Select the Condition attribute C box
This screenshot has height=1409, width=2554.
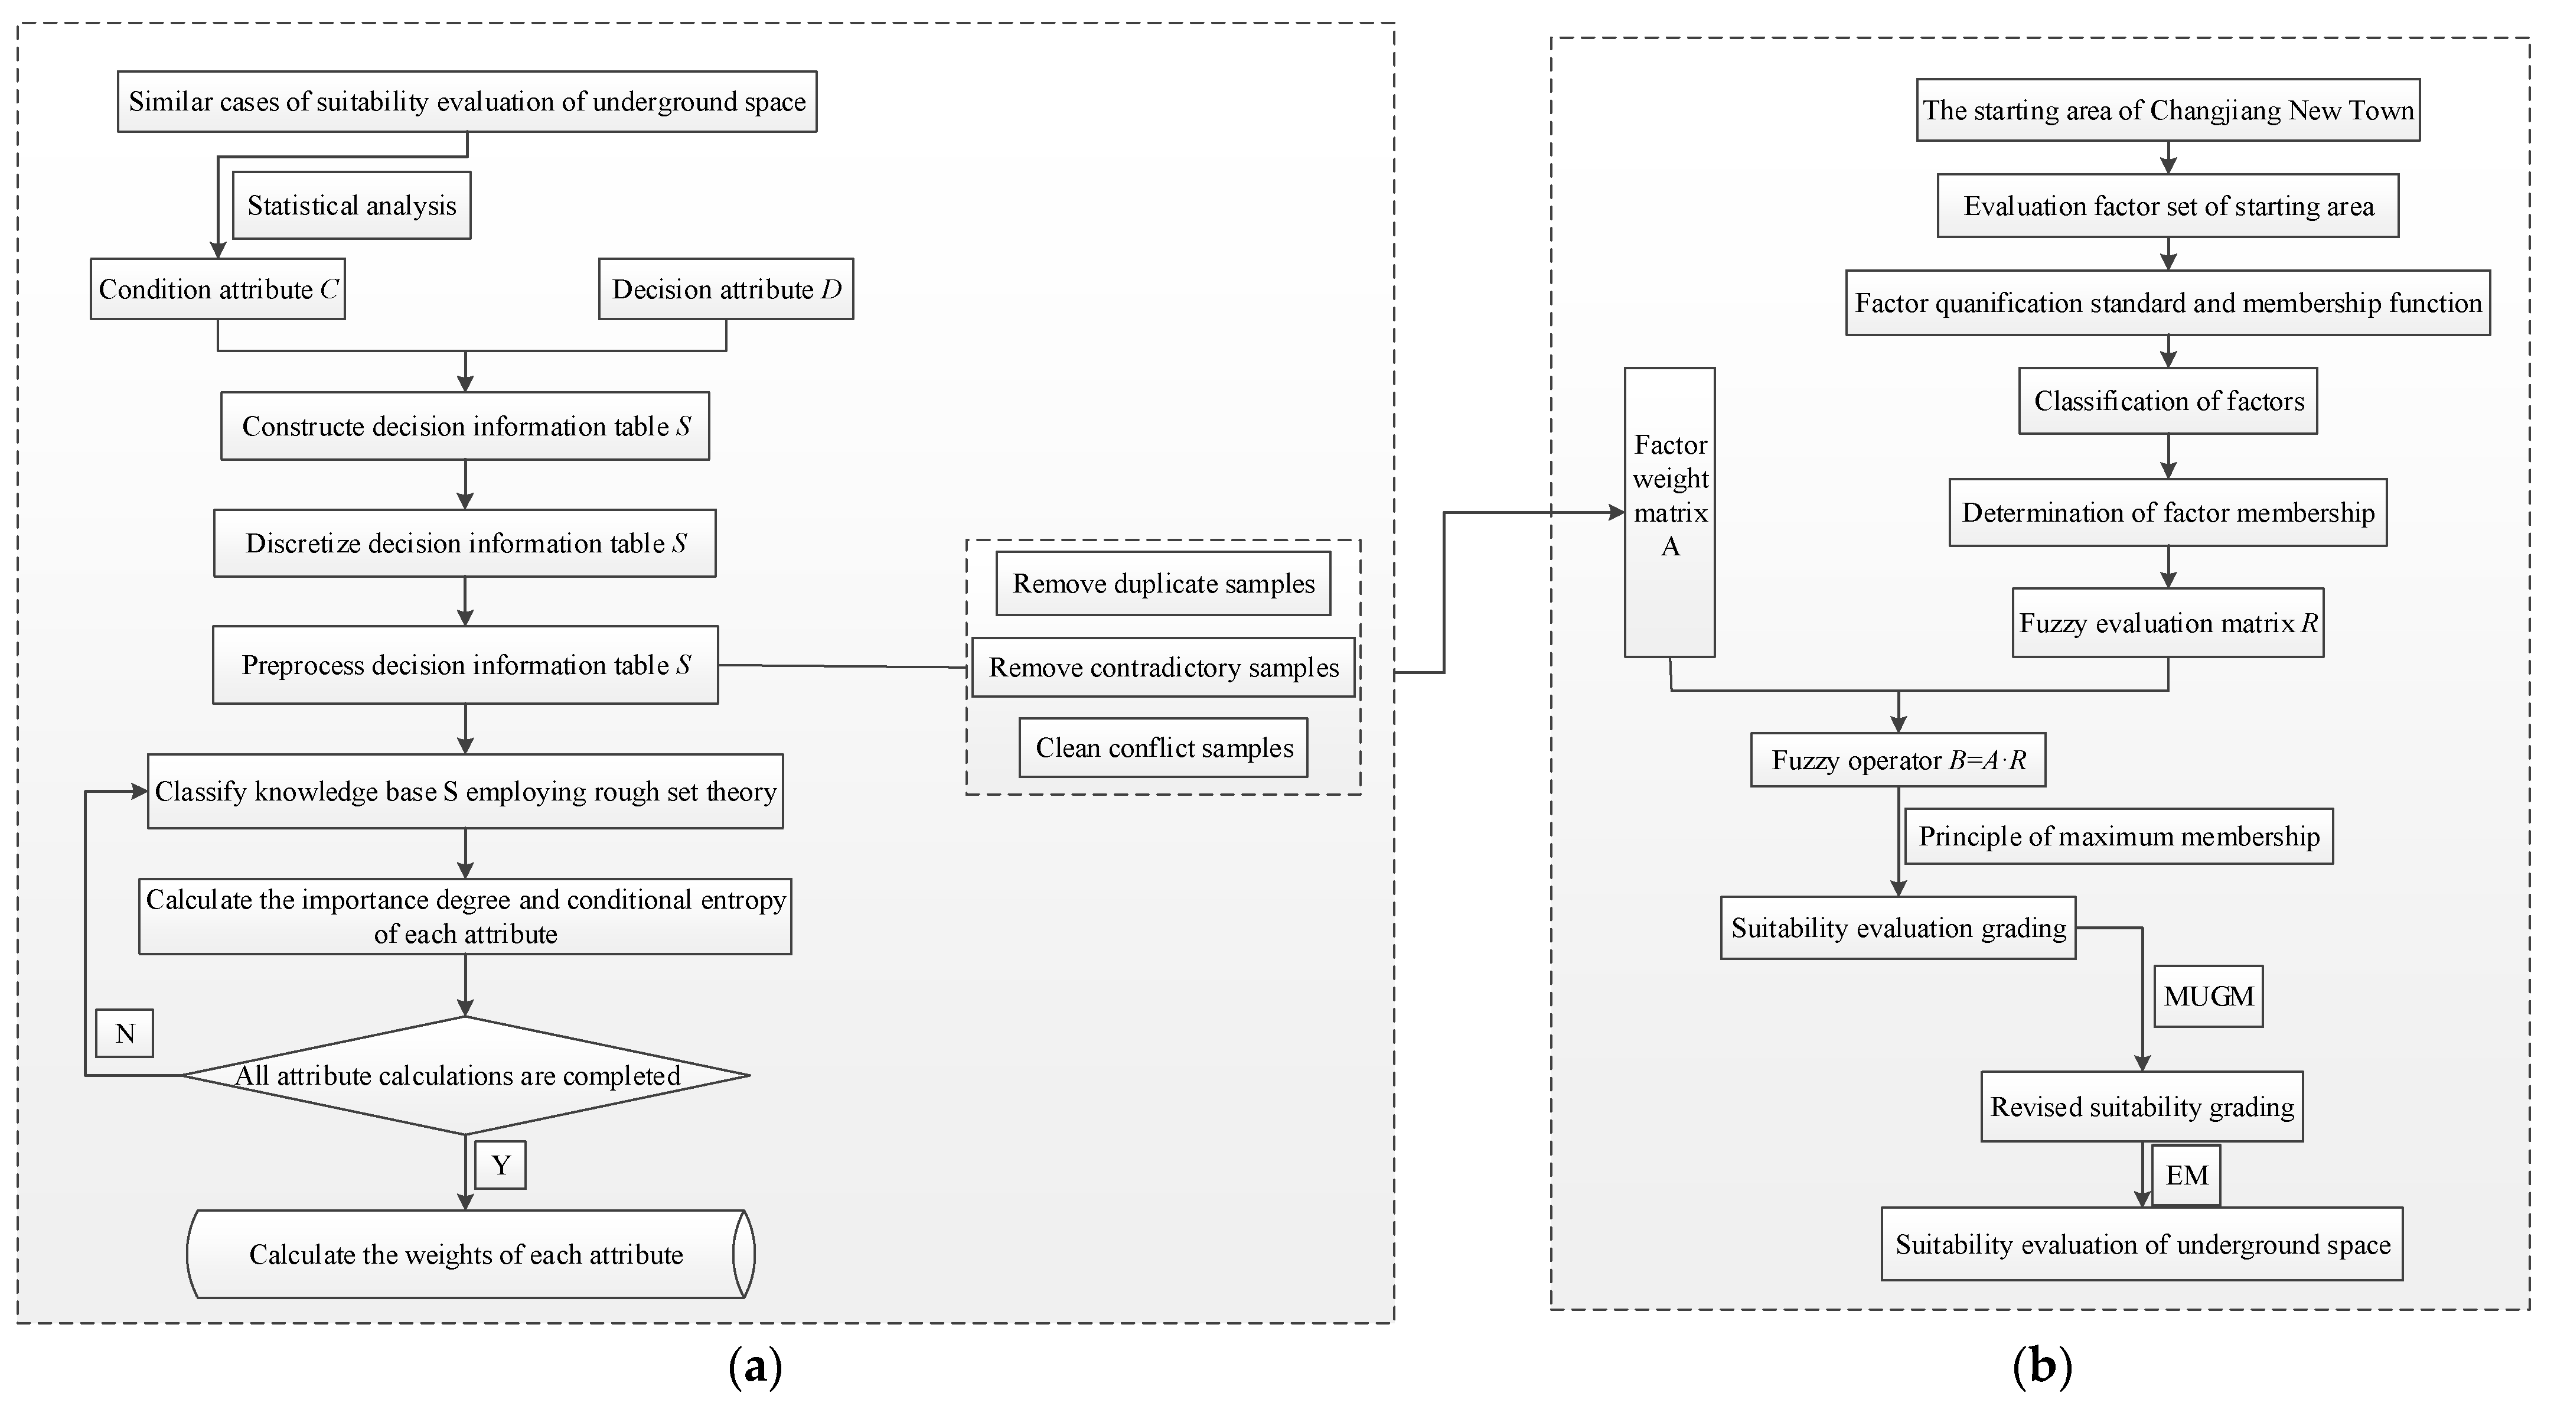click(217, 288)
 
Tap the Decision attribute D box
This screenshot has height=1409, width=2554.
click(726, 288)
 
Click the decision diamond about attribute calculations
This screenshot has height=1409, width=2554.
click(465, 1075)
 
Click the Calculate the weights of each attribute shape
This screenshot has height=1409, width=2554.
click(466, 1254)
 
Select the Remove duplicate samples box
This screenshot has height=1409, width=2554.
click(1163, 583)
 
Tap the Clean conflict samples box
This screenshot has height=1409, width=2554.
click(1163, 748)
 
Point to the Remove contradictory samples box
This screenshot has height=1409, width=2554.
click(1163, 668)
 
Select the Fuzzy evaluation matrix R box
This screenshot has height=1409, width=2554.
click(2167, 623)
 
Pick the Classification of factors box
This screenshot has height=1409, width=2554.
click(2168, 401)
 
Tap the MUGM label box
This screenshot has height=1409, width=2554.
click(2208, 995)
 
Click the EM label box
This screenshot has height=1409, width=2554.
click(2186, 1175)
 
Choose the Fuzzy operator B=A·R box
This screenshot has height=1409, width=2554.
click(1898, 760)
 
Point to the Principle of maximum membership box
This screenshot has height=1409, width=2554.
click(2119, 836)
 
